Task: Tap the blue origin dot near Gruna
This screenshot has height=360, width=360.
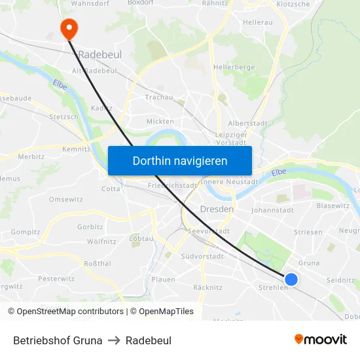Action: pos(291,279)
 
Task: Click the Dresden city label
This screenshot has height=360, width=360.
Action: pos(215,209)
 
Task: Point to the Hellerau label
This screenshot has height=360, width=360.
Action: pos(257,22)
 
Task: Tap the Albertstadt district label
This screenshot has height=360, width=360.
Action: pos(247,123)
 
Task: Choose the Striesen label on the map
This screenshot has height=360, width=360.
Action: pos(308,232)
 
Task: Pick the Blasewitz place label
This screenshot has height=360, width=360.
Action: pos(333,206)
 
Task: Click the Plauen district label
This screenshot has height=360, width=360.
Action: pos(163,279)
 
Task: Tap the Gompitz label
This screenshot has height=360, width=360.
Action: pos(26,232)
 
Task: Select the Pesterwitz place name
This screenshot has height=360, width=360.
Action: pos(52,279)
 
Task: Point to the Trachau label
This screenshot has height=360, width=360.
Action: pos(159,98)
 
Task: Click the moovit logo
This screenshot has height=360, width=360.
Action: pos(320,339)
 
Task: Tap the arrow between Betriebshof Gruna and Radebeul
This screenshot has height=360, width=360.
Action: pos(114,340)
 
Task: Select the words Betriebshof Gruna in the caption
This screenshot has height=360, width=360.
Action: pos(58,340)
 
